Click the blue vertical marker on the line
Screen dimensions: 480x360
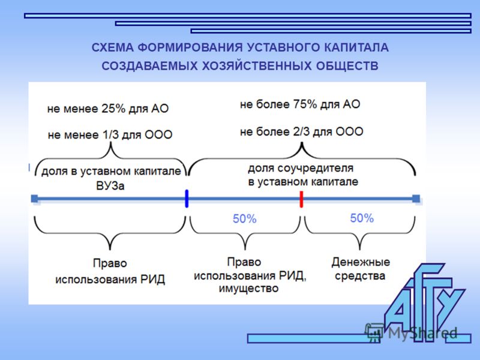pyautogui.click(x=187, y=199)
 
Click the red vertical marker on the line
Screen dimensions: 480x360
pyautogui.click(x=301, y=199)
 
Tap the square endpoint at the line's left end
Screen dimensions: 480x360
pyautogui.click(x=35, y=199)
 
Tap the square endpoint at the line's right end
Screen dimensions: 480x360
pyautogui.click(x=416, y=199)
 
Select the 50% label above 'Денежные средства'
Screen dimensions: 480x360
pyautogui.click(x=362, y=218)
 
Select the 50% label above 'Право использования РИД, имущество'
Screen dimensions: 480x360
pyautogui.click(x=245, y=219)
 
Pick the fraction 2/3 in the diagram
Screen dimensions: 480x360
pyautogui.click(x=302, y=131)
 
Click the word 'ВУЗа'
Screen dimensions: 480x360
pyautogui.click(x=110, y=186)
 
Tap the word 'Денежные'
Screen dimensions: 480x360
pyautogui.click(x=361, y=262)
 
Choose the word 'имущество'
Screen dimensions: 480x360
pyautogui.click(x=248, y=289)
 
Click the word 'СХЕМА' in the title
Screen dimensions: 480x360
pyautogui.click(x=113, y=48)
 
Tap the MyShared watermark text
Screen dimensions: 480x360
pyautogui.click(x=422, y=333)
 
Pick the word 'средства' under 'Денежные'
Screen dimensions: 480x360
pyautogui.click(x=360, y=276)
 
